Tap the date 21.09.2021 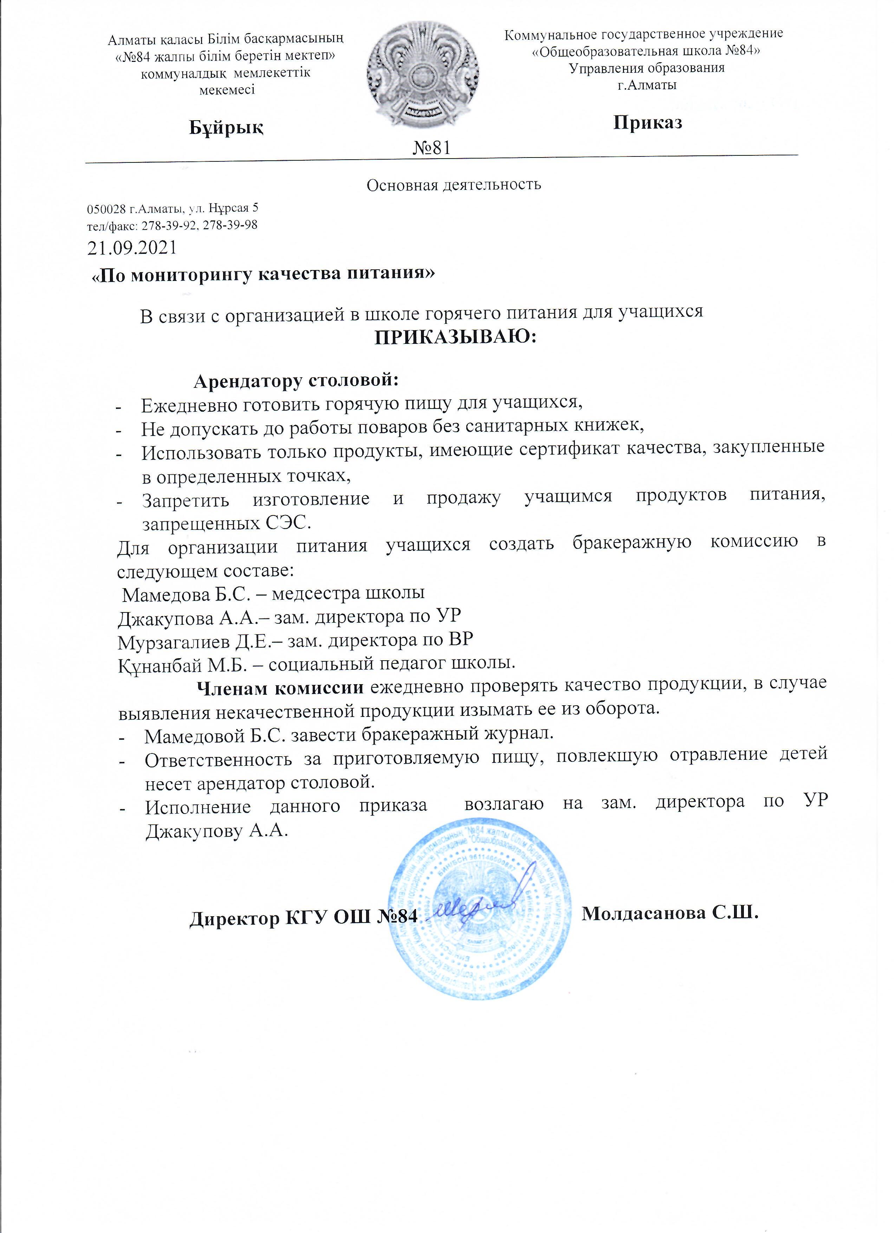[x=132, y=248]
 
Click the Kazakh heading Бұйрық [x=226, y=128]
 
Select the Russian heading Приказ [x=647, y=122]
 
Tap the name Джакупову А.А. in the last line [x=216, y=831]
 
